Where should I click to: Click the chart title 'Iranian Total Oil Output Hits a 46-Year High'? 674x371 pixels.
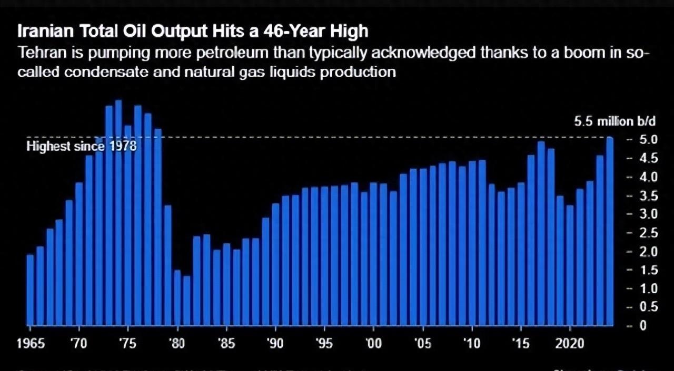tap(193, 32)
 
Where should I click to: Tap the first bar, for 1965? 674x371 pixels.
tap(30, 290)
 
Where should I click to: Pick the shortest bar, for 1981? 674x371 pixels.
tap(187, 300)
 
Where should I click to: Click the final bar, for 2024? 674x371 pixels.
tap(610, 231)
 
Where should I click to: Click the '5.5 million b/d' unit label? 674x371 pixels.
tap(615, 121)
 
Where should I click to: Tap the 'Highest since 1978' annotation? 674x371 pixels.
tap(81, 146)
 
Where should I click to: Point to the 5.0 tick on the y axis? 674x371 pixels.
tap(648, 140)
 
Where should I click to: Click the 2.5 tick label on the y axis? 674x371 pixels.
tap(648, 233)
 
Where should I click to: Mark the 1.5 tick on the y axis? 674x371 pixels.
tap(648, 270)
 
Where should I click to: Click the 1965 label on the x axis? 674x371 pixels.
tap(31, 344)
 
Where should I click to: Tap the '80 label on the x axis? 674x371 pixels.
tap(177, 344)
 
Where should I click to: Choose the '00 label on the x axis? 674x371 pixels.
tap(374, 344)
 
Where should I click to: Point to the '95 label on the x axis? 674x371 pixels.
tap(324, 344)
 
